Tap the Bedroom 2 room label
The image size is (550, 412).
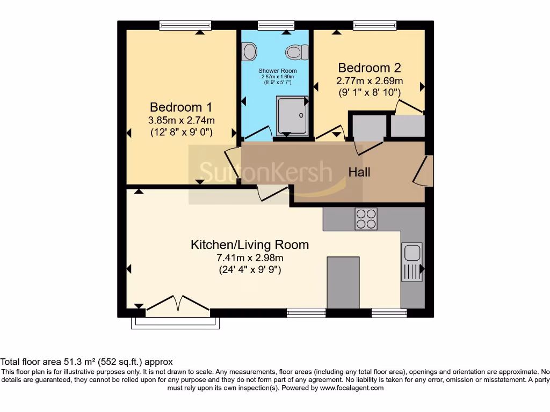[369, 68]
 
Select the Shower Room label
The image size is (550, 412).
[277, 71]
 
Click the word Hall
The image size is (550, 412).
[359, 172]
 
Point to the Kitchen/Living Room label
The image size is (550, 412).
[250, 245]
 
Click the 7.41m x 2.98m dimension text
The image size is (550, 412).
[250, 257]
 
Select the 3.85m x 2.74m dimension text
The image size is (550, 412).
[182, 120]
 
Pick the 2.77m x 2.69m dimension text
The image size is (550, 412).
[369, 81]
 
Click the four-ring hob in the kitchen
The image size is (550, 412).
[366, 219]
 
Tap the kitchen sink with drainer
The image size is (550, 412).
[412, 262]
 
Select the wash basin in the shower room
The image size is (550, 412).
[249, 52]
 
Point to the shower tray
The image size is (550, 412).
[292, 115]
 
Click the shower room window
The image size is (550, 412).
[276, 25]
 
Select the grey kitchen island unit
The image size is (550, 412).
[343, 282]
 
